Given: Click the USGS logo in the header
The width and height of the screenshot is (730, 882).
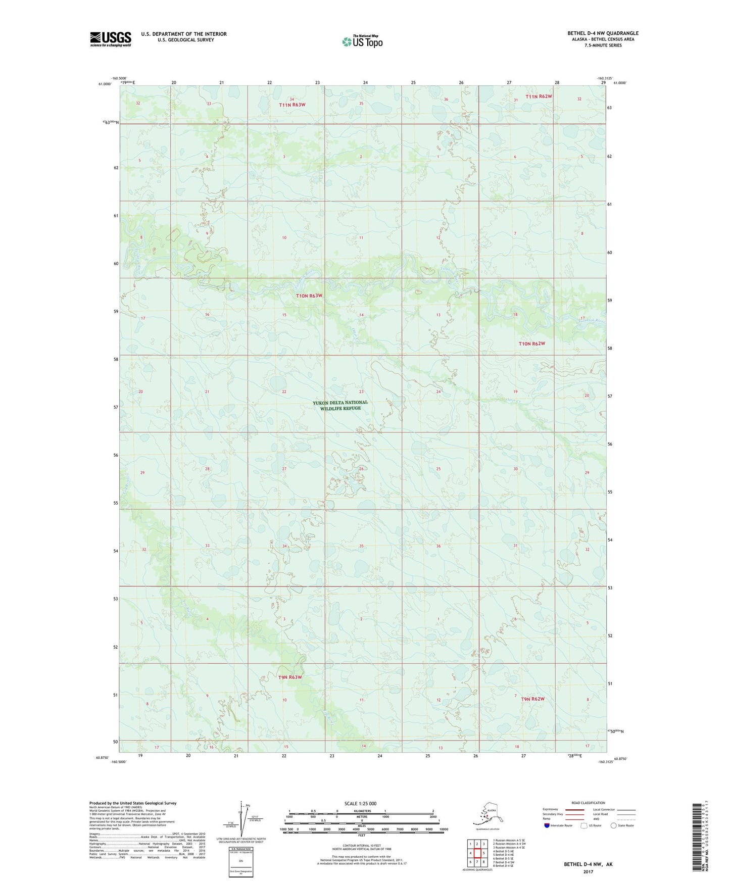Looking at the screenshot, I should click(111, 39).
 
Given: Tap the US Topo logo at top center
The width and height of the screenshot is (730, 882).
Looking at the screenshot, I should click(362, 41).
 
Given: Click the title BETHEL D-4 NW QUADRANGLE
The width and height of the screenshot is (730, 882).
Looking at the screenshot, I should click(602, 33).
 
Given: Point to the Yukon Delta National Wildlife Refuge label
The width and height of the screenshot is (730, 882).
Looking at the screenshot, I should click(340, 405).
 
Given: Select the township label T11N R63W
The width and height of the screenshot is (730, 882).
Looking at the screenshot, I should click(293, 105).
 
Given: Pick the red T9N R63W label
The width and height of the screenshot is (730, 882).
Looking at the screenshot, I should click(290, 677).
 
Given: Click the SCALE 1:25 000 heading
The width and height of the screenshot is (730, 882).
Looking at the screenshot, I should click(361, 804).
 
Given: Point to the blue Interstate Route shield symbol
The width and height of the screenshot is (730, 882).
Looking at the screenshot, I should click(547, 826).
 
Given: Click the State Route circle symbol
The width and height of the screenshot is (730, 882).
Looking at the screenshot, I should click(613, 826).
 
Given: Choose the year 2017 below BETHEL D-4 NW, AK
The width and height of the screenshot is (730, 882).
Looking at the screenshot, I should click(588, 871).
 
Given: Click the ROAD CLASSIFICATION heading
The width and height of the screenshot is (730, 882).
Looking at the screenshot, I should click(588, 803).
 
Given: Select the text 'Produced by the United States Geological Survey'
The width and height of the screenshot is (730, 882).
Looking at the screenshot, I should click(133, 803).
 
